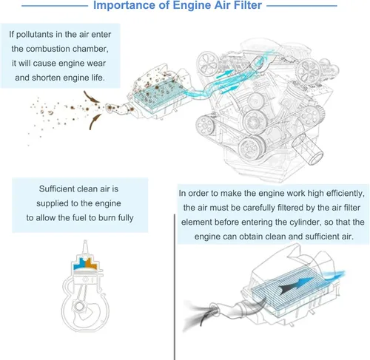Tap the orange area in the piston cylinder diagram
pos(91,264)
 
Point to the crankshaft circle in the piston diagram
pos(79,307)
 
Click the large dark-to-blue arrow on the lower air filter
pos(296,285)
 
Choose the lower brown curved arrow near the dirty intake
pos(94,121)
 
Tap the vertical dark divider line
pos(175,287)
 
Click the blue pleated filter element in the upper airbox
pos(158,97)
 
